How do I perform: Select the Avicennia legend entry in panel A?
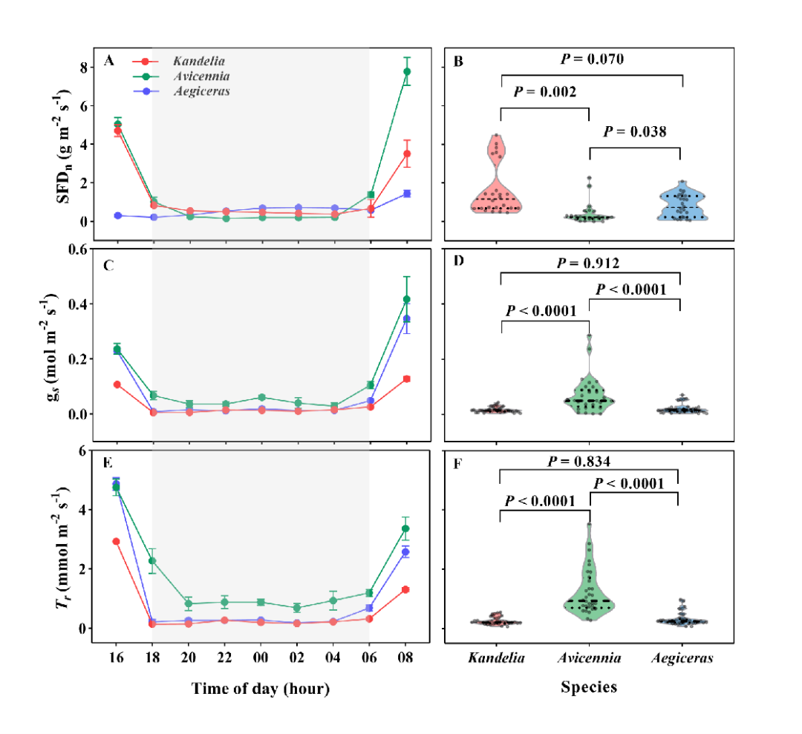(x=200, y=76)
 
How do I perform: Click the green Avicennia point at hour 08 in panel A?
(x=407, y=72)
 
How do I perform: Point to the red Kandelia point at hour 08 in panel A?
(x=407, y=154)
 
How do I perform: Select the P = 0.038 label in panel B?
(x=635, y=131)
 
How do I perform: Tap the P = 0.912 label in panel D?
(x=592, y=262)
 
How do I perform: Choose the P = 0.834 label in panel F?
(x=592, y=462)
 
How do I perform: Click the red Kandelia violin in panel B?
(x=499, y=182)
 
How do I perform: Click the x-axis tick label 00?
(x=261, y=657)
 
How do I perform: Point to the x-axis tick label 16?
(x=116, y=657)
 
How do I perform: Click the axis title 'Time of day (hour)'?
(x=261, y=688)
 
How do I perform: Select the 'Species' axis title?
(x=588, y=687)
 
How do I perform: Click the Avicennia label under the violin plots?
(x=590, y=658)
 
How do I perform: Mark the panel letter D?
(x=458, y=264)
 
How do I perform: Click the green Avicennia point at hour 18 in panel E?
(x=152, y=560)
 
